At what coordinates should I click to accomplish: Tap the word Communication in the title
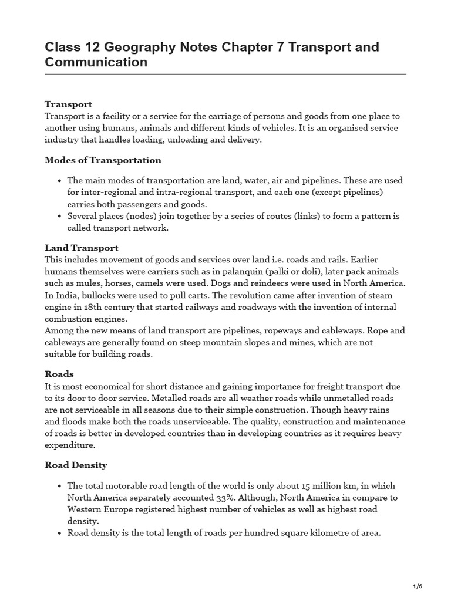click(x=96, y=62)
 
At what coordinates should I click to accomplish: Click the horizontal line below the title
click(x=225, y=75)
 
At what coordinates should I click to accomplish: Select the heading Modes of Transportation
click(x=103, y=160)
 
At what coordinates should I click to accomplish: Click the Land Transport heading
click(x=82, y=248)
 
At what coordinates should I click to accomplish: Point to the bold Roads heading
click(x=59, y=374)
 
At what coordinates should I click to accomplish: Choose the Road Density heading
click(x=76, y=465)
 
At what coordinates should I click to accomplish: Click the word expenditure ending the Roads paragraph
click(x=70, y=445)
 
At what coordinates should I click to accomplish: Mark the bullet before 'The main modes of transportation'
click(x=60, y=181)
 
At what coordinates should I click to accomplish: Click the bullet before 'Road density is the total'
click(x=60, y=533)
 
